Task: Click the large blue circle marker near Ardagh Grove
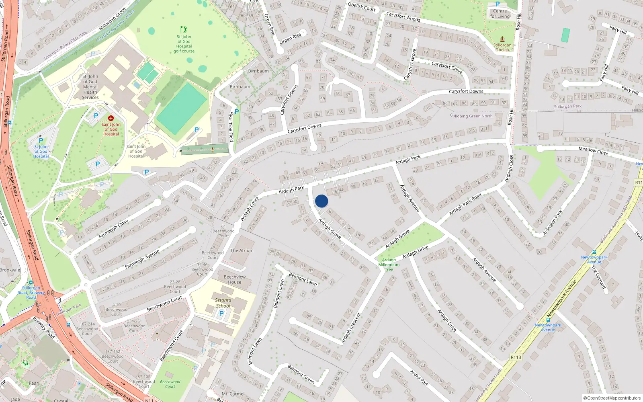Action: point(321,201)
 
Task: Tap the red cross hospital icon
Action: point(111,118)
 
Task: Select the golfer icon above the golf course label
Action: point(184,29)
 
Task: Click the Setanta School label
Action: point(223,303)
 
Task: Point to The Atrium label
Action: point(242,250)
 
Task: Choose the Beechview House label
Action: point(235,279)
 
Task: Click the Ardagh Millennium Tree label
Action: point(389,265)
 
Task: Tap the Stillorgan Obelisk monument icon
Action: point(502,39)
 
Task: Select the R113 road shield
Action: point(516,357)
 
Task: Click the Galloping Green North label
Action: point(471,116)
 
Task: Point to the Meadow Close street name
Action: point(593,151)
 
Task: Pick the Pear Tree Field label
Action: point(231,127)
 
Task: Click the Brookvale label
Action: point(10,270)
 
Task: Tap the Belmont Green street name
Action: point(301,373)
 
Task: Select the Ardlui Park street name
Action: point(419,378)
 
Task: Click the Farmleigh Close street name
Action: point(113,228)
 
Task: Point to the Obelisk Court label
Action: point(361,7)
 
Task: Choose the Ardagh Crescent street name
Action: point(351,328)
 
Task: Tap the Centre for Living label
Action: point(500,14)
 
